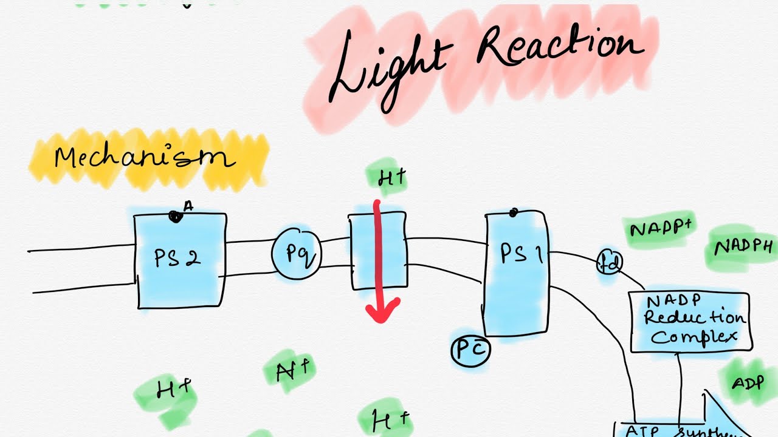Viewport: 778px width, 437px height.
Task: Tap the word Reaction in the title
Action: coord(559,49)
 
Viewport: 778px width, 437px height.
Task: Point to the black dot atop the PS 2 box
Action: coord(175,215)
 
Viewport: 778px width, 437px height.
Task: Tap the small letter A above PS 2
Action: coord(188,206)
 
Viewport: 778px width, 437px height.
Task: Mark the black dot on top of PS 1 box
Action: coord(514,212)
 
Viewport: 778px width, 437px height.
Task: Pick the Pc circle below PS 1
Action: coord(470,350)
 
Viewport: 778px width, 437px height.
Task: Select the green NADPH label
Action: coord(743,248)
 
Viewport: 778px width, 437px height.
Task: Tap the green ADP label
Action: coord(747,384)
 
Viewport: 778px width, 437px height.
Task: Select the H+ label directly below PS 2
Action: coord(174,390)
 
